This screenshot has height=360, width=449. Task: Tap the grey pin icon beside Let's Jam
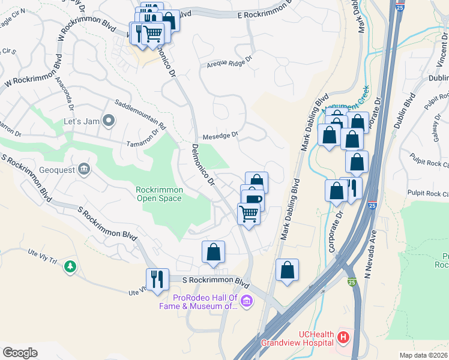[109, 121]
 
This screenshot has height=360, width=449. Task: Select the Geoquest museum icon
[83, 169]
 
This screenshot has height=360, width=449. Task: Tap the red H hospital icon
[343, 338]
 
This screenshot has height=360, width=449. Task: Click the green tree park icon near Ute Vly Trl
[70, 266]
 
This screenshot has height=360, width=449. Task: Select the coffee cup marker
[253, 200]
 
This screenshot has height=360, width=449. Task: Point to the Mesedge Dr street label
[220, 135]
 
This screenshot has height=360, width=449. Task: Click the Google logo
[20, 352]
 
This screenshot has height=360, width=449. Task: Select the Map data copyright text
[423, 355]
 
